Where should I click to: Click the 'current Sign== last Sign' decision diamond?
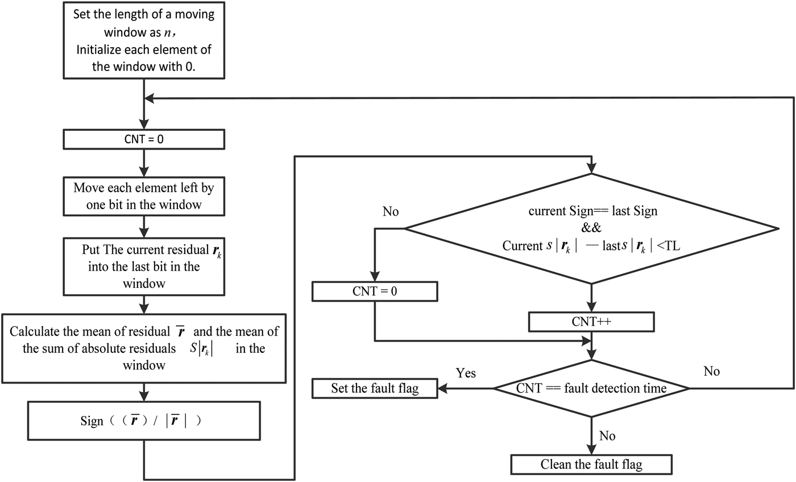[x=591, y=228]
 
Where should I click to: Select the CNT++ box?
[x=591, y=322]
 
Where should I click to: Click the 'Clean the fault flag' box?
[x=591, y=464]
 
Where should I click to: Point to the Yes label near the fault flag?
[x=466, y=373]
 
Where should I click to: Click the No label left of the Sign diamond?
[x=390, y=212]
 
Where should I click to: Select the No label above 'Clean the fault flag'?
[x=608, y=436]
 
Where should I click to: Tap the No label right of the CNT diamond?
[x=711, y=372]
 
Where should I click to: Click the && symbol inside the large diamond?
[x=591, y=228]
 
